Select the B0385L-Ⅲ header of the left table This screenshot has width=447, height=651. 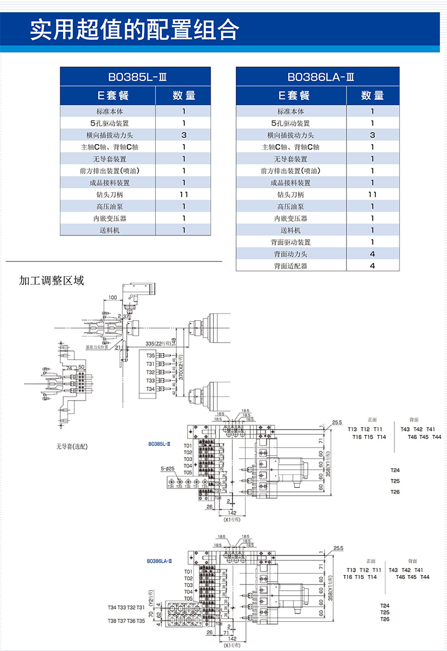click(135, 77)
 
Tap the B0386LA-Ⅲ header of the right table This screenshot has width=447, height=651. click(318, 77)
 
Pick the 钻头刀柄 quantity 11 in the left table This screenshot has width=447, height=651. click(184, 194)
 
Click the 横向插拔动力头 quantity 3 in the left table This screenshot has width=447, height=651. click(184, 135)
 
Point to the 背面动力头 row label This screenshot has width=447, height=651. click(291, 254)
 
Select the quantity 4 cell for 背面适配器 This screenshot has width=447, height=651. click(373, 266)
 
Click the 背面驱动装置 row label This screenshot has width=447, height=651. click(291, 243)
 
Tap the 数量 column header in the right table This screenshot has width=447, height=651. click(373, 96)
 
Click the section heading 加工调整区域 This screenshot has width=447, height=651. click(51, 281)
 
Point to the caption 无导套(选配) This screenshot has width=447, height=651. click(72, 446)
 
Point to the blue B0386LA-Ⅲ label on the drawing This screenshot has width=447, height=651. click(159, 560)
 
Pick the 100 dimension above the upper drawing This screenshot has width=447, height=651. click(113, 297)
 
